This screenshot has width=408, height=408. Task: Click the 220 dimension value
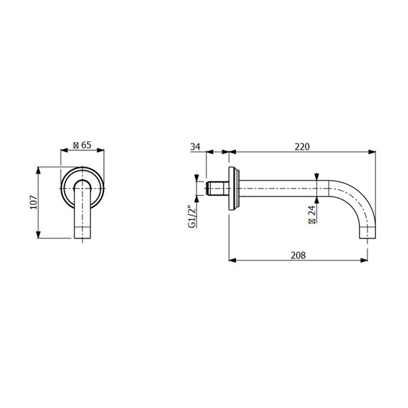(x=302, y=147)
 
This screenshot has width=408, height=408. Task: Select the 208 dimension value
(x=299, y=255)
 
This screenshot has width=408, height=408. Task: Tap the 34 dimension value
(x=195, y=147)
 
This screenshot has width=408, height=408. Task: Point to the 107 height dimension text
(x=33, y=202)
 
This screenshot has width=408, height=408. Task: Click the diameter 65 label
(x=82, y=145)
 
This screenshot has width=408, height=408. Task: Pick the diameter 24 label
(x=311, y=214)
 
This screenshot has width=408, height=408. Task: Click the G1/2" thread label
(x=192, y=216)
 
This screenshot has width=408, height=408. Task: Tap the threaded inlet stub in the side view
(x=218, y=188)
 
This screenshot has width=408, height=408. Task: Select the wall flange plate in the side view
(x=234, y=188)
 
